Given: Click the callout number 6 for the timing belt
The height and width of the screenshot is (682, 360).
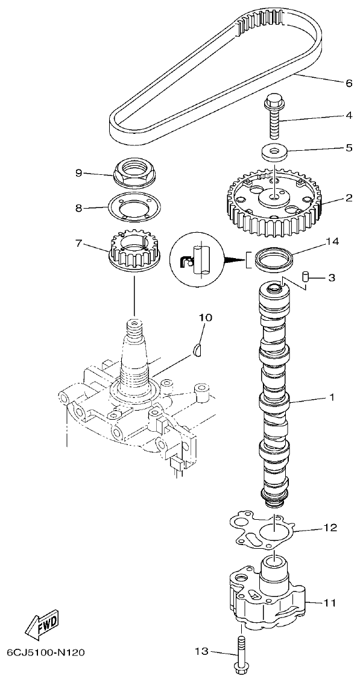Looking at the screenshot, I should [x=349, y=83].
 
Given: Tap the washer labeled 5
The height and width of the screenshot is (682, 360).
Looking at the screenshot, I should [x=274, y=152].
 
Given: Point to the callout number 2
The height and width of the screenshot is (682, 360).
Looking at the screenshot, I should [x=349, y=197].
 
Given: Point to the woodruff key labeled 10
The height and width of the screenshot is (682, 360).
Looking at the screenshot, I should [x=198, y=349].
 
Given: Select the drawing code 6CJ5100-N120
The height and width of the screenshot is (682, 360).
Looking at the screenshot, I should [x=46, y=652].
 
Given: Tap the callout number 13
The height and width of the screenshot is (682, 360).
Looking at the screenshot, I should [x=201, y=651].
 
